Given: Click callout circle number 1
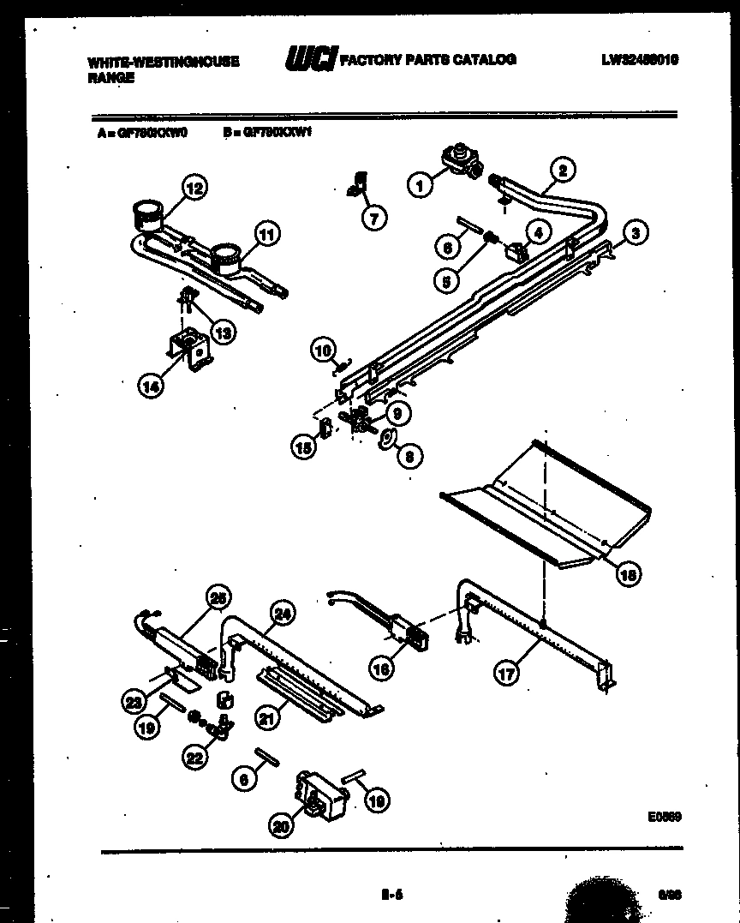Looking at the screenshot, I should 420,183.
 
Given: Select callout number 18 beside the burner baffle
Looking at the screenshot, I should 628,575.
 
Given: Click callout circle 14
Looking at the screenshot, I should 150,386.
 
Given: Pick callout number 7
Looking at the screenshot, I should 373,218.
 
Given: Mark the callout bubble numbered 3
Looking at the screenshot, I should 635,231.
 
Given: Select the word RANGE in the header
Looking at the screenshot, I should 110,77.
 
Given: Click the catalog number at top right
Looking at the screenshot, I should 640,60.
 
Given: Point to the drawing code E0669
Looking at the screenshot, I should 664,818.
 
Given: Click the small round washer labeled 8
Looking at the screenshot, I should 388,441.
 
